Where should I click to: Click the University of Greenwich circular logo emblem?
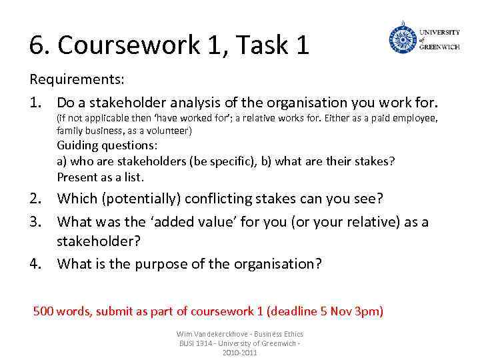click(402, 37)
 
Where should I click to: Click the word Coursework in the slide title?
click(125, 45)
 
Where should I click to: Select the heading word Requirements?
click(77, 79)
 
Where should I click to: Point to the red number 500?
click(43, 311)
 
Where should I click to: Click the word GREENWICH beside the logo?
click(439, 47)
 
